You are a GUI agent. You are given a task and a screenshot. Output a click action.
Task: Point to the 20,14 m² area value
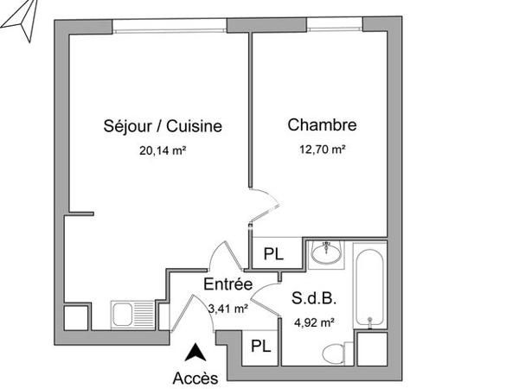[163, 149]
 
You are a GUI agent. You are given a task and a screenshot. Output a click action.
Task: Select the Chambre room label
[322, 125]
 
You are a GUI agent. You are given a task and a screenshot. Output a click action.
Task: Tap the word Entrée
[227, 284]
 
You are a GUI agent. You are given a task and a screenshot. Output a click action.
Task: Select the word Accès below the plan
[197, 377]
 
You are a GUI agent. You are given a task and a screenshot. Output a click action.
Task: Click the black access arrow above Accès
[197, 352]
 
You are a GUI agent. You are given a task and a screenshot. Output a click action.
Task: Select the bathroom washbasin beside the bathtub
[325, 253]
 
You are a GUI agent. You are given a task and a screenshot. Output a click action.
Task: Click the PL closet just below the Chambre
[273, 254]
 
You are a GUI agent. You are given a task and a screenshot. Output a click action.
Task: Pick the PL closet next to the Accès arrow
[259, 346]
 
